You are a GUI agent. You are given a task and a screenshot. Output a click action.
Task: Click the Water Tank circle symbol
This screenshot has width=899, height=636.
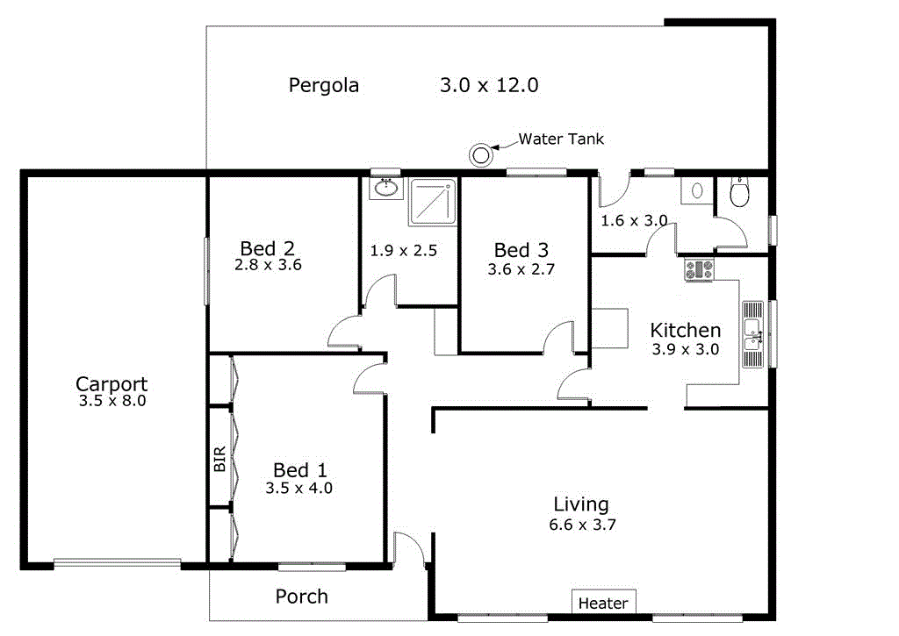pyautogui.click(x=480, y=155)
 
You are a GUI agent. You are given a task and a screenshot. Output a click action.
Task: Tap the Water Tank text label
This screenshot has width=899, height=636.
pyautogui.click(x=561, y=139)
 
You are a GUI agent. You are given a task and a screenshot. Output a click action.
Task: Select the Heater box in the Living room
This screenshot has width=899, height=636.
pyautogui.click(x=603, y=603)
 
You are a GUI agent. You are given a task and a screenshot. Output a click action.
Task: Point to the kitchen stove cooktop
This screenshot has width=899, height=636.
pyautogui.click(x=700, y=270)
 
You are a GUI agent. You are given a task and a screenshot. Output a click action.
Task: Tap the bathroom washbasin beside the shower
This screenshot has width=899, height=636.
pyautogui.click(x=385, y=188)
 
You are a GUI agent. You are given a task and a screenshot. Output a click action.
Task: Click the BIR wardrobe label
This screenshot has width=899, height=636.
pyautogui.click(x=219, y=460)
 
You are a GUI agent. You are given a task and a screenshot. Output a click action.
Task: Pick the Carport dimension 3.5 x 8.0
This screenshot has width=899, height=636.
pyautogui.click(x=111, y=401)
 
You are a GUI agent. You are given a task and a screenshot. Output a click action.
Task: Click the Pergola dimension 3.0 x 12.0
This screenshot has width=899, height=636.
pyautogui.click(x=488, y=85)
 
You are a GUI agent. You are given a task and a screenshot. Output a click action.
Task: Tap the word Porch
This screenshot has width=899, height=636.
pyautogui.click(x=301, y=597)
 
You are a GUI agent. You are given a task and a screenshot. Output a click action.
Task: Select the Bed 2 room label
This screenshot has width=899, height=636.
pyautogui.click(x=269, y=248)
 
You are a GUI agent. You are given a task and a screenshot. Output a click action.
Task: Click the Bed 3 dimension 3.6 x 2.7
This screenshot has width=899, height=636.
pyautogui.click(x=521, y=269)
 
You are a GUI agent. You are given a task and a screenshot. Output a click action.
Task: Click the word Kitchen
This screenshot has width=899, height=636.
pyautogui.click(x=685, y=330)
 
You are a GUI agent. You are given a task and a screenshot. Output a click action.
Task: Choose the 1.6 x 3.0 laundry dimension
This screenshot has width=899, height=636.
pyautogui.click(x=634, y=220)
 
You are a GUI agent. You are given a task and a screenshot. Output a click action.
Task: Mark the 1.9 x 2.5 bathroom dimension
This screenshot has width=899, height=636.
pyautogui.click(x=403, y=250)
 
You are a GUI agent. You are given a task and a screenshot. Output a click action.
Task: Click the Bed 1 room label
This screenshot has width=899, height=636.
pyautogui.click(x=298, y=470)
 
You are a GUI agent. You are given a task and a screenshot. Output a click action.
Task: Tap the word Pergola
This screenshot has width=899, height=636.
pyautogui.click(x=324, y=85)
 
